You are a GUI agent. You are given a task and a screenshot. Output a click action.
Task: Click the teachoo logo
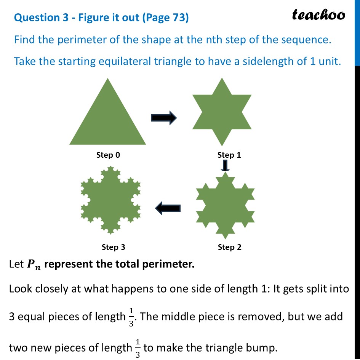[x=318, y=15]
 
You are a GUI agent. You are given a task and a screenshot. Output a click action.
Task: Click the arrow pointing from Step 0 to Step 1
[x=164, y=118]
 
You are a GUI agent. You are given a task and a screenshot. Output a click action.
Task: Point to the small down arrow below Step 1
[x=225, y=165]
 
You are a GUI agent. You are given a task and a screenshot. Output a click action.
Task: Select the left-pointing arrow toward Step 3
[x=168, y=208]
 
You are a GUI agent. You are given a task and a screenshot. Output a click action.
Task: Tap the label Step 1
[x=229, y=155]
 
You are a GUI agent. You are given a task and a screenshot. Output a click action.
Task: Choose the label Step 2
[x=229, y=247]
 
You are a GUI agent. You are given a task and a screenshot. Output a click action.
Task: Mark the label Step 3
[x=113, y=247]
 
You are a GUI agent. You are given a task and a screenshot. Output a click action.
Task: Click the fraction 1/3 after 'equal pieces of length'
[x=131, y=317]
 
